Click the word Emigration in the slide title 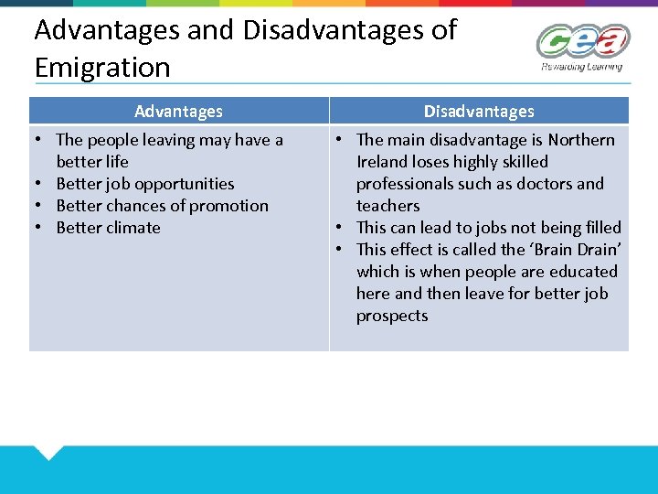tap(102, 68)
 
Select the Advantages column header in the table tap(178, 112)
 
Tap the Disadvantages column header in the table tap(479, 112)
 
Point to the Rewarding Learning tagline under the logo tap(582, 66)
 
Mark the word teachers tap(388, 206)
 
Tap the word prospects tap(392, 316)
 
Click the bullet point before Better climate tap(41, 228)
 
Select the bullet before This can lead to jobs tap(338, 228)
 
